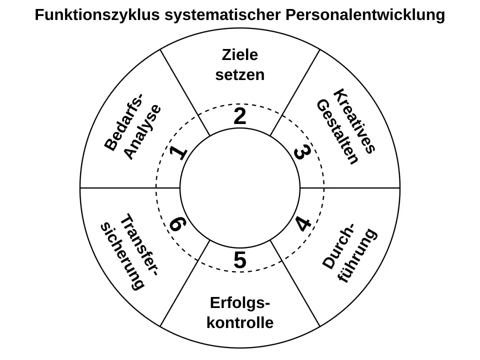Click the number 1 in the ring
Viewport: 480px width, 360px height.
(178, 152)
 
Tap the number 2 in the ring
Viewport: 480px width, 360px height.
(240, 117)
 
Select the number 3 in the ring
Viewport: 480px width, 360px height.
(301, 152)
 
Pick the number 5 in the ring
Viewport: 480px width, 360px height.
(240, 260)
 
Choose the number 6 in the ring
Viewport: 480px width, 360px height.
(176, 224)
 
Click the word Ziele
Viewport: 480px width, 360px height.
(240, 54)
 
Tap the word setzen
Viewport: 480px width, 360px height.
(240, 75)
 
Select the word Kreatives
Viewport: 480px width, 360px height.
(354, 121)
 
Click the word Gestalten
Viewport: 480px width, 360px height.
(337, 132)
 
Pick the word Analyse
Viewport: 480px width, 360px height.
(142, 132)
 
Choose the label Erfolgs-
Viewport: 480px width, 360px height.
(240, 303)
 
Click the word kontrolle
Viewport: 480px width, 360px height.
(240, 322)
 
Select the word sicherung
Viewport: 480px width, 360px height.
(122, 256)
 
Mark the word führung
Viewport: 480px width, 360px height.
(356, 255)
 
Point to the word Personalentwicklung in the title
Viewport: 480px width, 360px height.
(365, 15)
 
